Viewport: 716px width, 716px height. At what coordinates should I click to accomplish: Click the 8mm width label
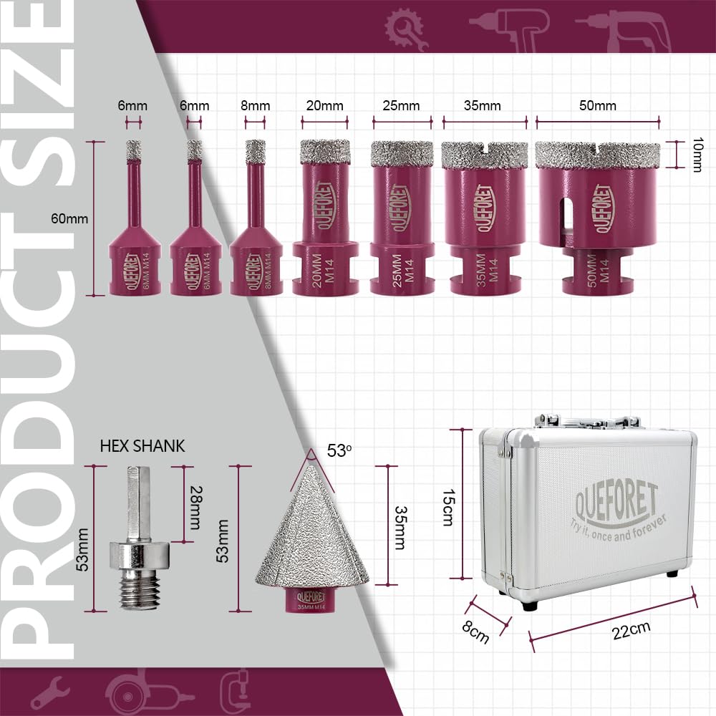(255, 106)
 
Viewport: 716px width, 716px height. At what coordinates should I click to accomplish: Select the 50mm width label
(598, 106)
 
